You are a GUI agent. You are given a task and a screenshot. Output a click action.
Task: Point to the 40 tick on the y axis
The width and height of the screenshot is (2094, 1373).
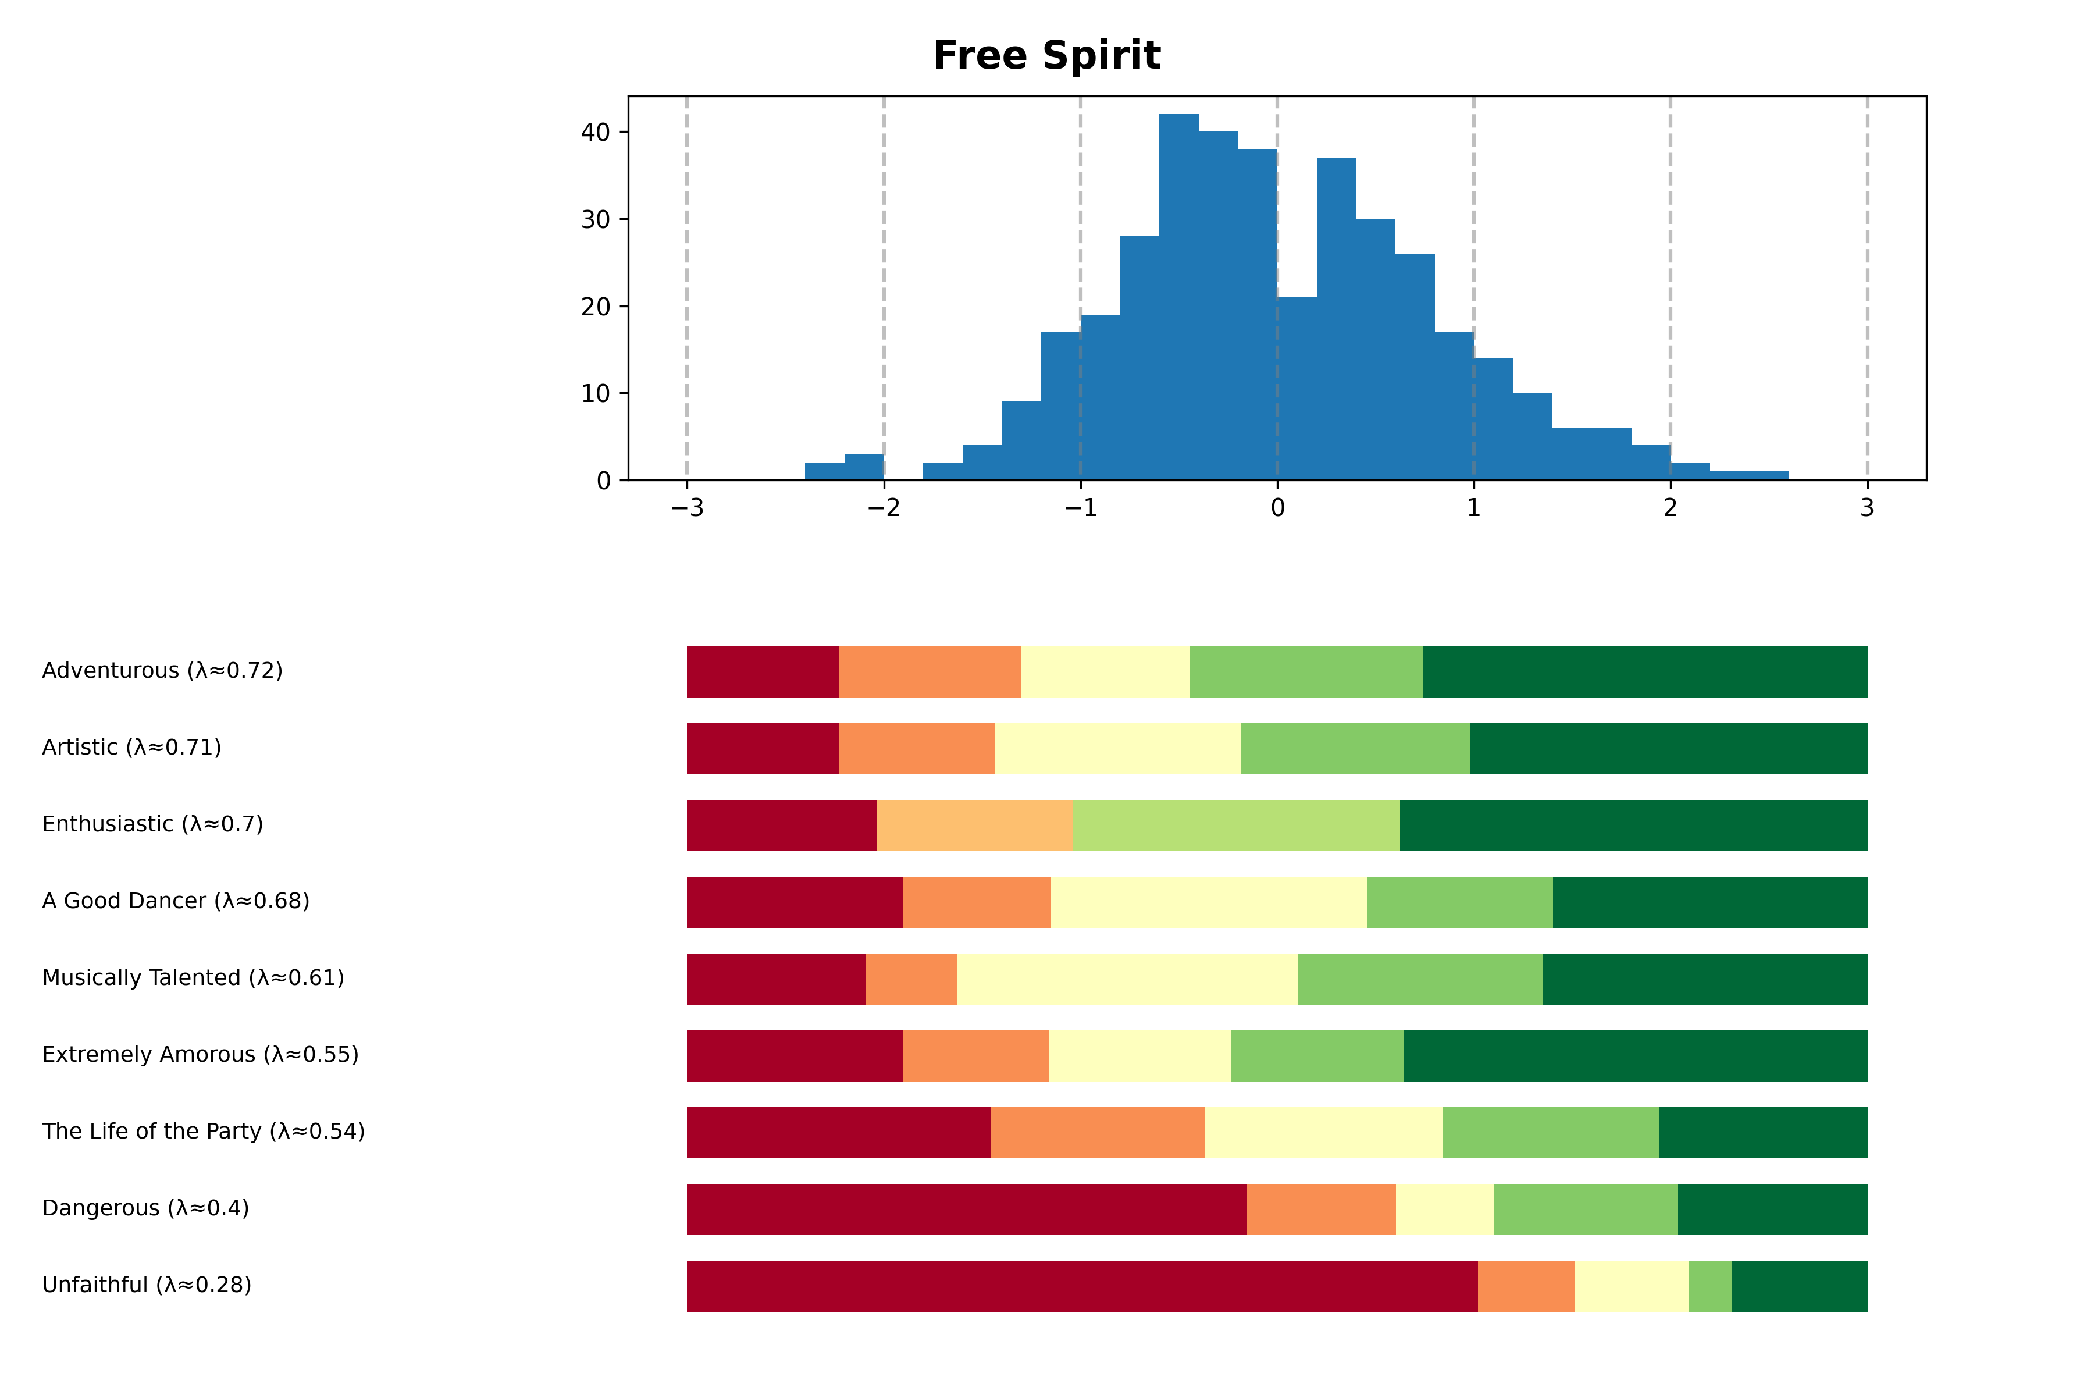click(596, 132)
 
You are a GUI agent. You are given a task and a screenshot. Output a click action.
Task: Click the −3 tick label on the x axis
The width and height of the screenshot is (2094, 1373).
click(687, 508)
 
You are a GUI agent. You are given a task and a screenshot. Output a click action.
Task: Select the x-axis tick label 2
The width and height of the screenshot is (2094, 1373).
click(1670, 508)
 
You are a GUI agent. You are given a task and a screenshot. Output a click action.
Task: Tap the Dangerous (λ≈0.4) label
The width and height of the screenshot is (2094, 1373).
click(146, 1208)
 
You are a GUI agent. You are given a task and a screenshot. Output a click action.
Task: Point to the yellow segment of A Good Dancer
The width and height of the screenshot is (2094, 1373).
click(1209, 902)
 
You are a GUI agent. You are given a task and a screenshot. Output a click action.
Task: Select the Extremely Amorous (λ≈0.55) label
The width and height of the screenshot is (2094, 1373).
click(201, 1054)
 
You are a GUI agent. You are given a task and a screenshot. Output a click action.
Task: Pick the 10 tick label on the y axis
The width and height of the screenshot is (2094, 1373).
click(596, 393)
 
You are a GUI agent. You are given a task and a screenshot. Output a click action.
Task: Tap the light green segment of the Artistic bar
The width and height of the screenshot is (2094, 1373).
click(1355, 749)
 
